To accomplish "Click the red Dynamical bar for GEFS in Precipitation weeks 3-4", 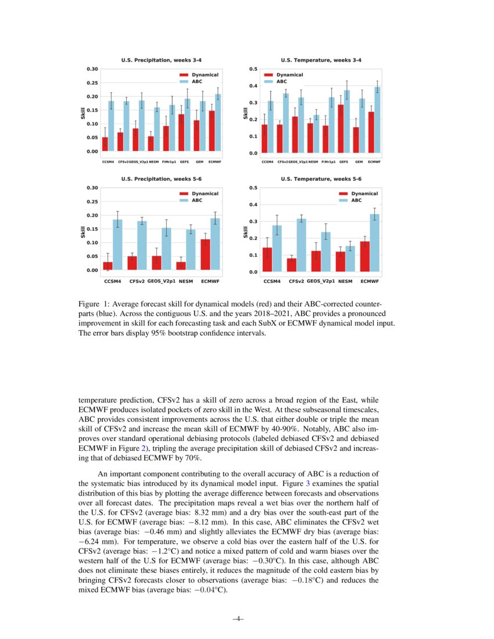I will (181, 133).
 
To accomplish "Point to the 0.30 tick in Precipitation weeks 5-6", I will (92, 188).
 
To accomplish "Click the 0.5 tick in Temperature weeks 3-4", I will (253, 69).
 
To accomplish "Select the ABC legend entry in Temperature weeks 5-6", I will (352, 200).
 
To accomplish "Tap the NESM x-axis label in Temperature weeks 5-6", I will (345, 281).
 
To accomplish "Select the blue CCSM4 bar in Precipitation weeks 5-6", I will (117, 245).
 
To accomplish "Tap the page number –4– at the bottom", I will (237, 619).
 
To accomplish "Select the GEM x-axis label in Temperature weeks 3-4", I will (359, 162).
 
